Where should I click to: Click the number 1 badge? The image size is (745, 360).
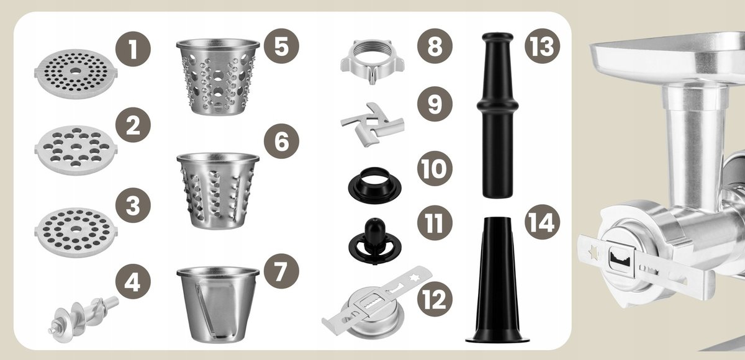point(133,49)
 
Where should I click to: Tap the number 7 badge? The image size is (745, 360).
point(281,271)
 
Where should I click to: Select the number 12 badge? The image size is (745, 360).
point(435,299)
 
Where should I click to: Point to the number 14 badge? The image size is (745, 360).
point(543,222)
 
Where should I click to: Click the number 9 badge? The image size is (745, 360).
point(435,104)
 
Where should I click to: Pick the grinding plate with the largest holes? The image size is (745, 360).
point(76,150)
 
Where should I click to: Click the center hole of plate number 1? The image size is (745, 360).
point(76,71)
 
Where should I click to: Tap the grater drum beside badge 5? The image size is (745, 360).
point(218,77)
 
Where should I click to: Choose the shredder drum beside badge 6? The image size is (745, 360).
point(218,191)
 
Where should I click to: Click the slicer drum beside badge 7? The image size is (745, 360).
point(218,304)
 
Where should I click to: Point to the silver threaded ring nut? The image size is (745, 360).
point(372,61)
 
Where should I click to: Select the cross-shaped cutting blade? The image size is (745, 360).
point(372,125)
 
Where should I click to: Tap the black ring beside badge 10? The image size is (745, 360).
point(375,185)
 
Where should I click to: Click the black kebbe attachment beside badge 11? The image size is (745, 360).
point(375,241)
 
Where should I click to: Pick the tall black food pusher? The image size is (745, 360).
point(497,115)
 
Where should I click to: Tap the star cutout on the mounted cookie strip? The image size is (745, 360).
point(593,253)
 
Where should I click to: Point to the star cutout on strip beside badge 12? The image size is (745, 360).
point(415,277)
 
